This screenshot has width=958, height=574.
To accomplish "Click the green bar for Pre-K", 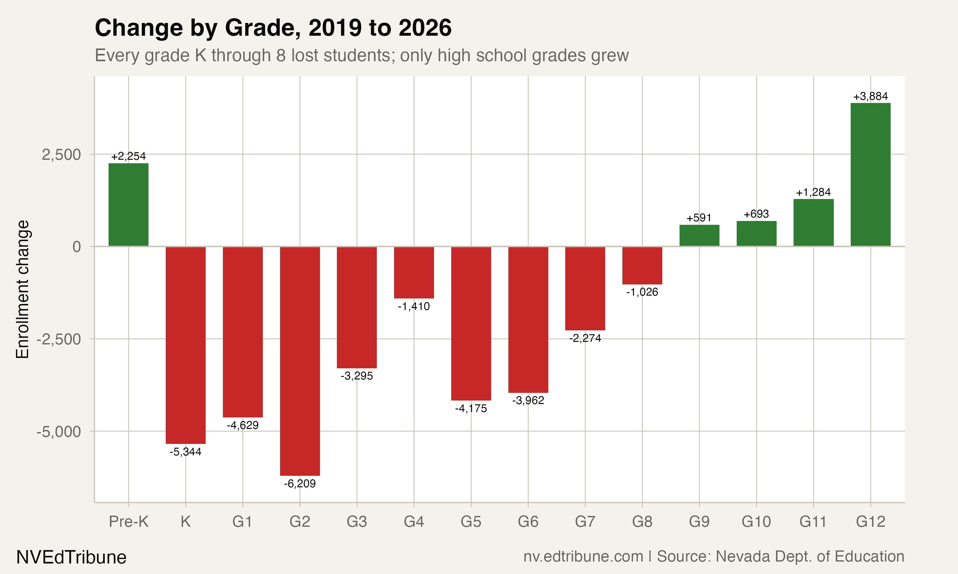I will coord(128,205).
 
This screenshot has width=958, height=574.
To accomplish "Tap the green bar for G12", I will coord(871,174).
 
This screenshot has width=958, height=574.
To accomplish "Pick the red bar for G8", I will coord(642,265).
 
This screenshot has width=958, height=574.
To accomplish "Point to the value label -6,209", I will coord(300,483).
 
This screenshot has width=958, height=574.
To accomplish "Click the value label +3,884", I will coord(871,96).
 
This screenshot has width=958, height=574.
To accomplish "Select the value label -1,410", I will coord(414,306).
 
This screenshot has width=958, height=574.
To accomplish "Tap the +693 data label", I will coord(756,214).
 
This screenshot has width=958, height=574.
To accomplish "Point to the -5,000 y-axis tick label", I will coord(59,432).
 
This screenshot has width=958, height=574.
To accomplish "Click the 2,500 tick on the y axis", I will coord(61,155).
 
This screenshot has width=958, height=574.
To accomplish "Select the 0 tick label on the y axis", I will coord(77,247).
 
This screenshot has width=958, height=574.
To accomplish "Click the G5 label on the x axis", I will coord(471,522).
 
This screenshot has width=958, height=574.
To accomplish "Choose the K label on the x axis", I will coord(186,522).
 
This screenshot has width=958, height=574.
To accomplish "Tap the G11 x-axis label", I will coord(813,522).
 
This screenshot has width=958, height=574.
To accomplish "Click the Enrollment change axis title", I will coord(22,289).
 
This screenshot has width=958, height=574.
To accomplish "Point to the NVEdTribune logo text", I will coord(71,557).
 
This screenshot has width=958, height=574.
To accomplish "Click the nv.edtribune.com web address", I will coord(583,556).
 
